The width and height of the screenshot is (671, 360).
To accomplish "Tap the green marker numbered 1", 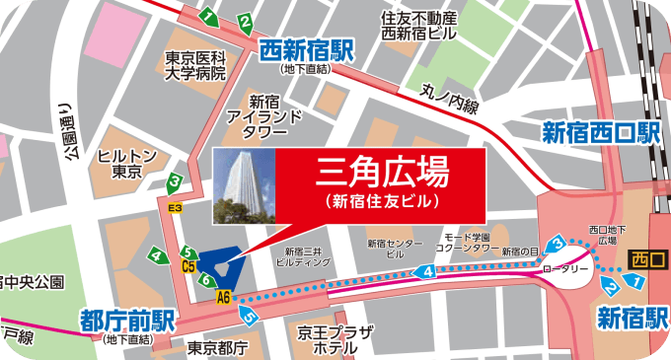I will pos(209,17).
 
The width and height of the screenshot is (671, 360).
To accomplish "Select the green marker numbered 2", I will pos(244,22).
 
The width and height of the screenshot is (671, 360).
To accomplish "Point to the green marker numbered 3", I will pos(174,180).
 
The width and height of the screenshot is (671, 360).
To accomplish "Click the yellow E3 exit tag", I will pos(175,208).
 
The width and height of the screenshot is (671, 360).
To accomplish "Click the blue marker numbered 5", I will pos(250,317).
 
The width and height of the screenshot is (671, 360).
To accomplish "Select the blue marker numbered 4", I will pos(427,271).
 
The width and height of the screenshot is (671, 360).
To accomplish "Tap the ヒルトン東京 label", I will pos(127,163).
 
